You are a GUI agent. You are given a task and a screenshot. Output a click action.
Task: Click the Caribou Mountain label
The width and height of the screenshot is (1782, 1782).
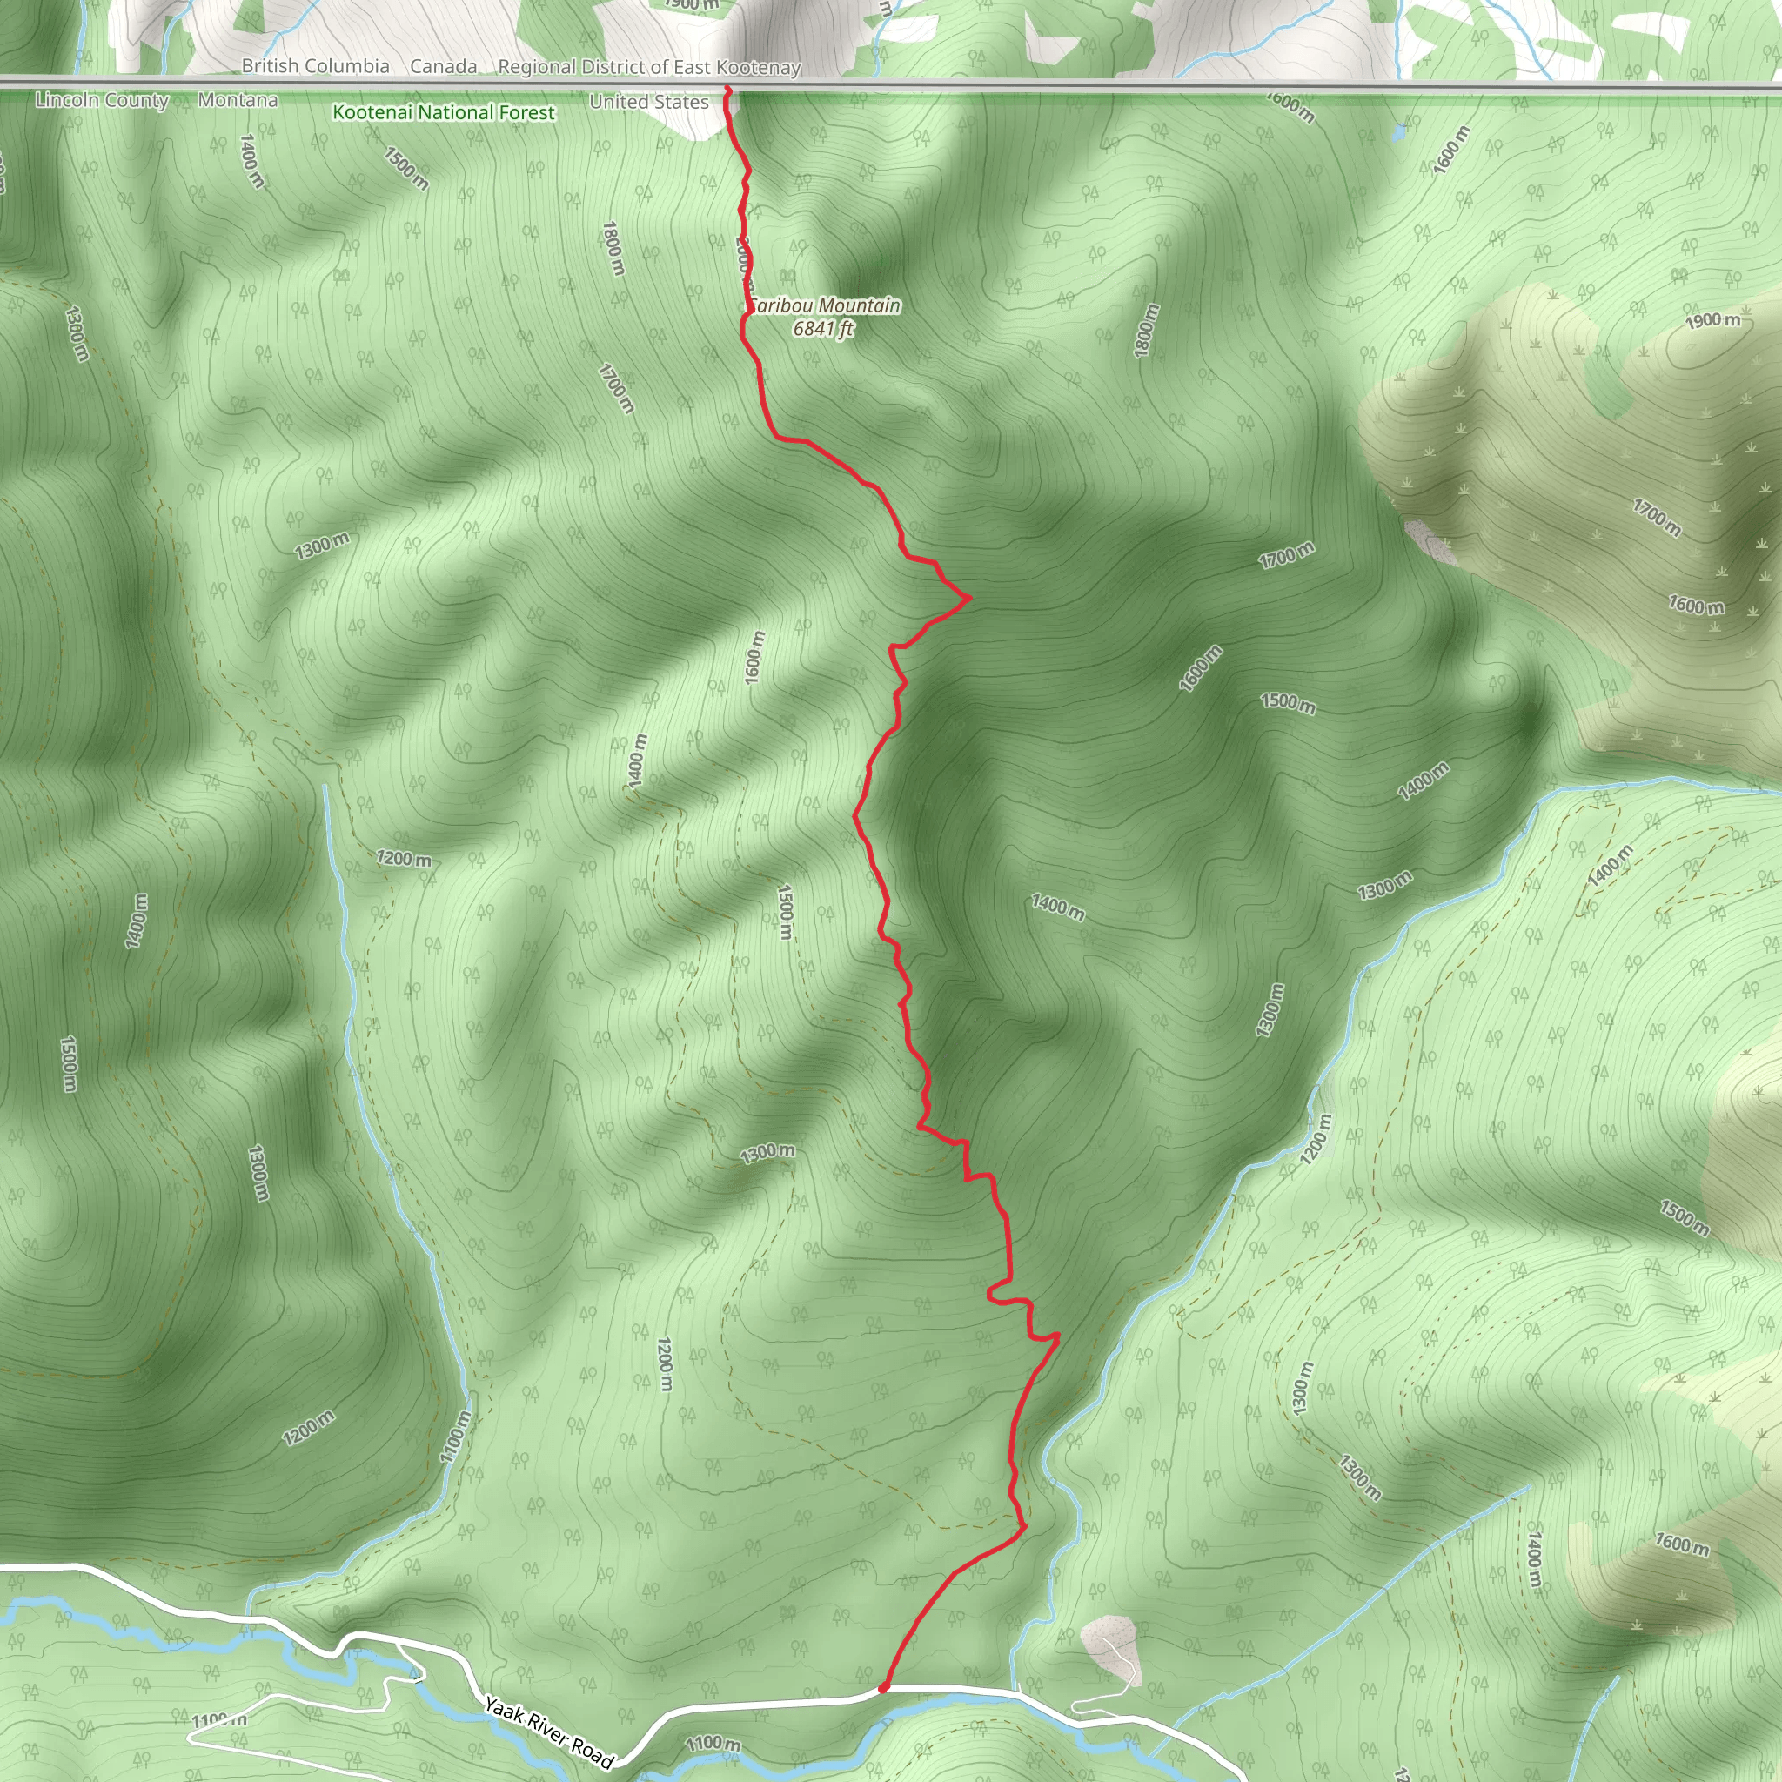coord(826,305)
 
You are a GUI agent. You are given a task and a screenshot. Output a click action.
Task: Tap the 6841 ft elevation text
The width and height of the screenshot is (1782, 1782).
coord(824,329)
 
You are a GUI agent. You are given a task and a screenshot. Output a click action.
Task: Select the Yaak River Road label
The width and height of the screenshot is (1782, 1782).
coord(549,1735)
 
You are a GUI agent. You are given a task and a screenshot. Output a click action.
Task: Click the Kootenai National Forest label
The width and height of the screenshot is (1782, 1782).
coord(444,112)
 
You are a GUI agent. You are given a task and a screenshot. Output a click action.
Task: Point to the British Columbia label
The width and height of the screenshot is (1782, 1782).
coord(316,66)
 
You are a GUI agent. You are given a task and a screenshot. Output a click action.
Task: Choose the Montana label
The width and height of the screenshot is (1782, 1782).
coord(238,99)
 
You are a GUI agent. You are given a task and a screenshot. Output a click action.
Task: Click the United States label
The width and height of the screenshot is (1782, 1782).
coord(648,102)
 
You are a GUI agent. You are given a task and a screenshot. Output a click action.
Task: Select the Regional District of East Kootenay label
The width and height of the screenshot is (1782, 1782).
coord(649,67)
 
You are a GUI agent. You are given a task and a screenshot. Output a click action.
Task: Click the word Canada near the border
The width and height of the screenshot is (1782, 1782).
coord(444,66)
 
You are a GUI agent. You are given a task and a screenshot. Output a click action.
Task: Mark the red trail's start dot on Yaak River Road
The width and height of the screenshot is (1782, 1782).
coord(882,1688)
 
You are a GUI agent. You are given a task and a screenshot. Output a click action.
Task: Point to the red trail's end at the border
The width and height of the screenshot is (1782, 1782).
coord(727,90)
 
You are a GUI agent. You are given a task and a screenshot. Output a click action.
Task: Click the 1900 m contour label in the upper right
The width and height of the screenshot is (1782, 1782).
coord(1712,320)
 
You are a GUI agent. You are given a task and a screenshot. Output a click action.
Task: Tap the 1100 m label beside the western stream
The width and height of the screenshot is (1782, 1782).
coord(455,1437)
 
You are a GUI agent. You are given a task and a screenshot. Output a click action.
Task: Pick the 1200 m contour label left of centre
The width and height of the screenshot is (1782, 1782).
coord(403,859)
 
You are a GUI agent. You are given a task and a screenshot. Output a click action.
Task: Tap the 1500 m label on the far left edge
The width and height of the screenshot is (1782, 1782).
coord(67,1063)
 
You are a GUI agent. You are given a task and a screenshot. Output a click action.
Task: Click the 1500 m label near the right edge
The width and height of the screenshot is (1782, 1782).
coord(1685,1217)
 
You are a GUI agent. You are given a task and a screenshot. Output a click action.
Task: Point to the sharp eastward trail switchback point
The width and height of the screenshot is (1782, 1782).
coord(969,599)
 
